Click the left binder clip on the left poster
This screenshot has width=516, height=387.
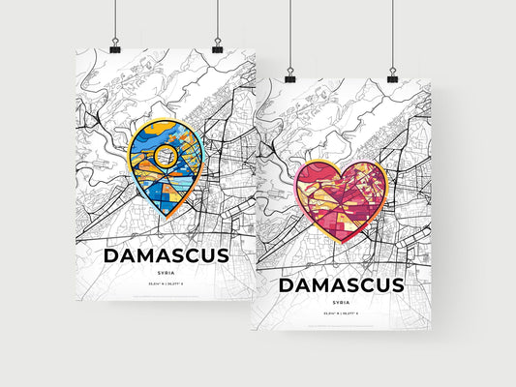point(114,46)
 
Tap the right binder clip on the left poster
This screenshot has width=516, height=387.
point(217,46)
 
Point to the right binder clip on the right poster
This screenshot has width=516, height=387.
point(392,74)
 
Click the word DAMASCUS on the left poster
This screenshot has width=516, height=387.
point(165,255)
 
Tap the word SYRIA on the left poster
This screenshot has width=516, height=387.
point(166,274)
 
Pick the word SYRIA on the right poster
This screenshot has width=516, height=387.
point(341,302)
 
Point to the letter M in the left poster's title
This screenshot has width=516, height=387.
point(144,255)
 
